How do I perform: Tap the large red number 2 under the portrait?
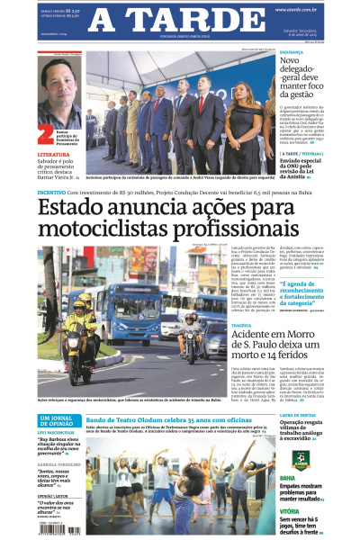coord(47,134)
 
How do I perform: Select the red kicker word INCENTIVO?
coord(50,192)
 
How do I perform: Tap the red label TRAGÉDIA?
coord(245,327)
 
